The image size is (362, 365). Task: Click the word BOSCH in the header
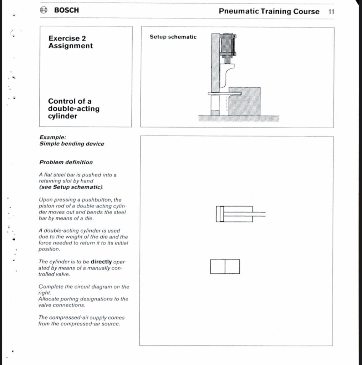pyautogui.click(x=67, y=10)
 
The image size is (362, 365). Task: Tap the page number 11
pyautogui.click(x=331, y=11)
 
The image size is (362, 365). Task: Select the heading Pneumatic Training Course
pyautogui.click(x=269, y=11)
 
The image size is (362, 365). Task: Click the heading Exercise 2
pyautogui.click(x=67, y=38)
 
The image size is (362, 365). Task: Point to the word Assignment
pyautogui.click(x=70, y=46)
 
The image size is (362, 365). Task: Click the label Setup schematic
pyautogui.click(x=173, y=37)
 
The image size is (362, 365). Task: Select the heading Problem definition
pyautogui.click(x=66, y=162)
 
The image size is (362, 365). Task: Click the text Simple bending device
pyautogui.click(x=72, y=144)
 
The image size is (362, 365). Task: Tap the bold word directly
pyautogui.click(x=101, y=262)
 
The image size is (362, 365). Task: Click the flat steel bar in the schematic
pyautogui.click(x=224, y=94)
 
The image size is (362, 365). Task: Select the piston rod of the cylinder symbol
pyautogui.click(x=259, y=214)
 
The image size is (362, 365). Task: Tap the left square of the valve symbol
pyautogui.click(x=218, y=267)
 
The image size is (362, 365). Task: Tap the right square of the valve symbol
pyautogui.click(x=232, y=267)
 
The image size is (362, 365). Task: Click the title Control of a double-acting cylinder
pyautogui.click(x=74, y=109)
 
